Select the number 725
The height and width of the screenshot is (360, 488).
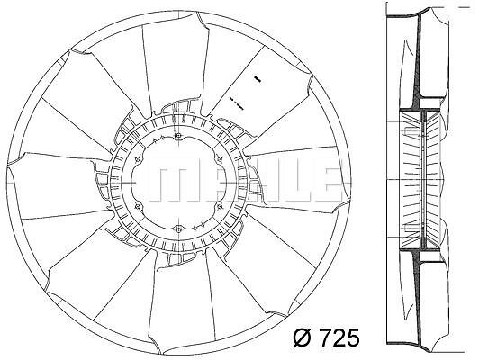click(x=339, y=337)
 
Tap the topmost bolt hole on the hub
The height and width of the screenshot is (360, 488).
click(x=178, y=135)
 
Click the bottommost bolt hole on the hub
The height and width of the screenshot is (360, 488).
click(x=178, y=229)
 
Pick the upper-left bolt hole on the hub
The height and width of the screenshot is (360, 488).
click(x=137, y=159)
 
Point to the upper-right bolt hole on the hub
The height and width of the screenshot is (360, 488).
click(x=220, y=159)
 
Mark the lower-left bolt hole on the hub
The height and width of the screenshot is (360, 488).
click(x=137, y=206)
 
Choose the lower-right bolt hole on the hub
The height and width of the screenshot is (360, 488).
click(x=220, y=206)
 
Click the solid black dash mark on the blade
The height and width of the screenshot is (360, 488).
click(x=258, y=79)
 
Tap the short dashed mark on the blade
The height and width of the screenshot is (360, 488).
click(x=236, y=103)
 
